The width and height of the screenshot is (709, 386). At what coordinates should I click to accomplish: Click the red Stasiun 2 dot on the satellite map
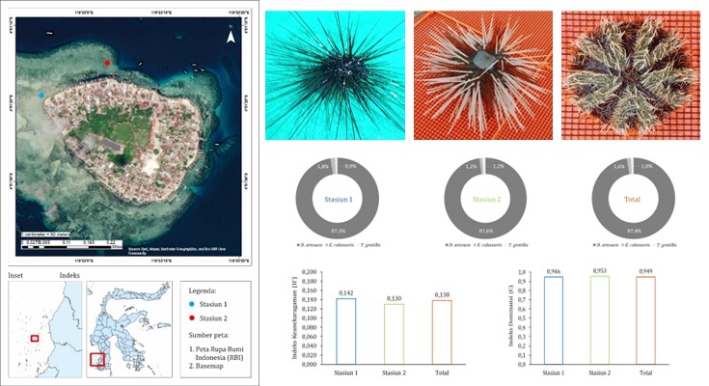(107, 64)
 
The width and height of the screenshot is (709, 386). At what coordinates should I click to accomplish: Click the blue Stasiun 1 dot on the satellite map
(41, 96)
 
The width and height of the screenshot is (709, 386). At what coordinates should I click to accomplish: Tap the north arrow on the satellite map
(230, 39)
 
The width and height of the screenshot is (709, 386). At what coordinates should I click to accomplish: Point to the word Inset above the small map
(16, 275)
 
